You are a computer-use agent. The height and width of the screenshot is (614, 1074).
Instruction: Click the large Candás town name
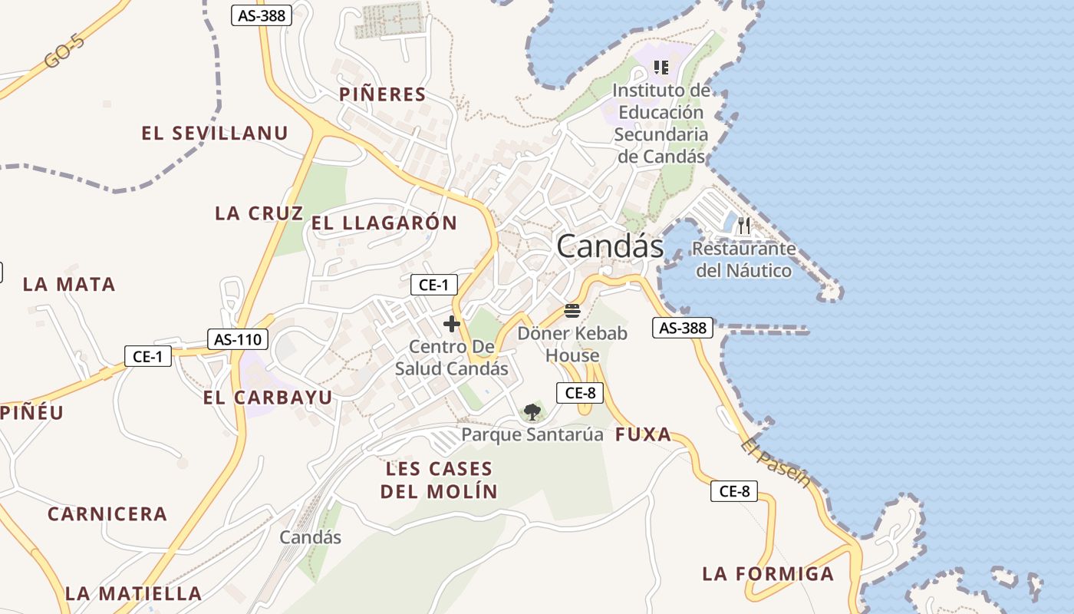click(x=610, y=246)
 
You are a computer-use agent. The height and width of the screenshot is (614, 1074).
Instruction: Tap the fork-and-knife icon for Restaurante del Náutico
click(x=744, y=226)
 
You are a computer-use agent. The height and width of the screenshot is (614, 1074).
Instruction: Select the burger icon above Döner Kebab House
click(x=572, y=311)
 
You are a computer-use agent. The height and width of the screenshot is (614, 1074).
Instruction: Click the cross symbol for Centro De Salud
click(x=452, y=324)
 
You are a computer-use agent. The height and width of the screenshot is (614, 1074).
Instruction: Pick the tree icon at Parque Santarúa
click(x=532, y=412)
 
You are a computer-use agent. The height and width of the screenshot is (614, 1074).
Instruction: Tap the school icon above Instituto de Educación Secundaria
click(x=661, y=68)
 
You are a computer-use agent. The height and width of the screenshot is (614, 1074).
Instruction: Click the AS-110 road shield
click(x=238, y=339)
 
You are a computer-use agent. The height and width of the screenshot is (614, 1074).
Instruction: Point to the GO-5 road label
click(x=64, y=50)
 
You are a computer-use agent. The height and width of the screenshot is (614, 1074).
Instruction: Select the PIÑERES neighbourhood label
click(x=382, y=94)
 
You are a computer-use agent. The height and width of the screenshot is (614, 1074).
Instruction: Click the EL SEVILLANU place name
click(x=215, y=134)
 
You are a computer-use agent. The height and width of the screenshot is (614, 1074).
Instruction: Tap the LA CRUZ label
click(x=259, y=213)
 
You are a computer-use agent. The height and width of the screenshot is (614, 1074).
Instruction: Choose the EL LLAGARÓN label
click(x=384, y=223)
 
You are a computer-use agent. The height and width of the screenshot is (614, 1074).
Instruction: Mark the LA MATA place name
click(x=69, y=285)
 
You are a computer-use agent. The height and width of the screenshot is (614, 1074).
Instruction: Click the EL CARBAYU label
click(x=268, y=398)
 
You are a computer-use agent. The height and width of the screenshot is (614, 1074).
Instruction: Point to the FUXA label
click(x=643, y=435)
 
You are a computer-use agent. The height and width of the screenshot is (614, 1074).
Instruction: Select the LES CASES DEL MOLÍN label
click(x=439, y=480)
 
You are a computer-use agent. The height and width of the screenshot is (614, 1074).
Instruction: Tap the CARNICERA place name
click(x=107, y=514)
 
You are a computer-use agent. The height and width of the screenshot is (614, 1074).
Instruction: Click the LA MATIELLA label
click(x=133, y=593)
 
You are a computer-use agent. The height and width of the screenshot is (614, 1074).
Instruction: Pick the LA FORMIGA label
click(x=768, y=574)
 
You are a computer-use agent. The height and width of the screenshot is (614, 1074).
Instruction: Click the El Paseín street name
click(x=776, y=464)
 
